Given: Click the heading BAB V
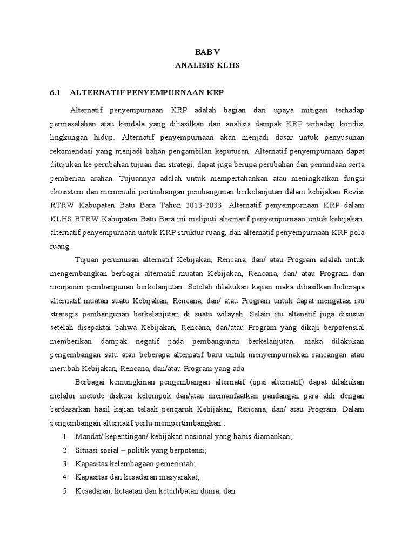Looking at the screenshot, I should [207, 52].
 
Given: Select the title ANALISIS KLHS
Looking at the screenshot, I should [207, 65].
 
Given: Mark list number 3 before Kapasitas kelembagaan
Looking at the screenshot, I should [65, 463].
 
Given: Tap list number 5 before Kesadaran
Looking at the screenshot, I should [65, 491].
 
